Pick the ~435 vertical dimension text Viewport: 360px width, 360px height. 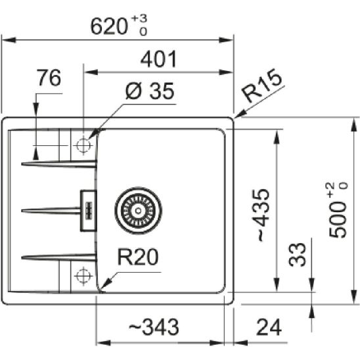pos(262,214)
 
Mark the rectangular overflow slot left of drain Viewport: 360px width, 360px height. pos(87,210)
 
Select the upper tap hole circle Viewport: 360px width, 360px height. pos(83,145)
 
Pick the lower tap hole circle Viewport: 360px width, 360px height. pos(83,274)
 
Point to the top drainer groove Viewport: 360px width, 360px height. pos(59,162)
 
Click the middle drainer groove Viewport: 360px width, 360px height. pos(53,210)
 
